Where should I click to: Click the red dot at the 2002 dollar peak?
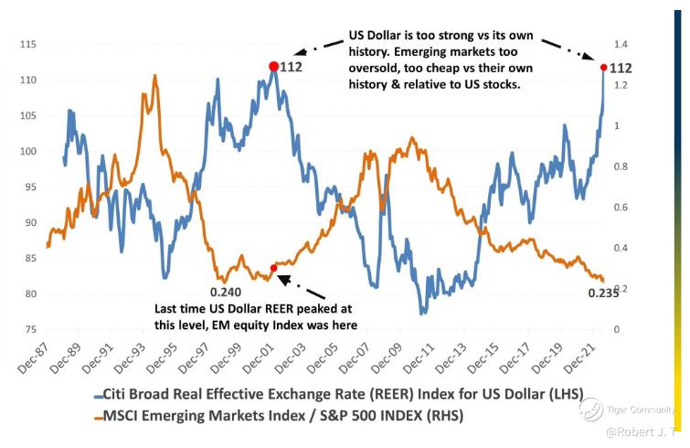pos(273,66)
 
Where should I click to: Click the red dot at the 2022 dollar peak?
pos(603,67)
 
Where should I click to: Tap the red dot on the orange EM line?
pos(273,268)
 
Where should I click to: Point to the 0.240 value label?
pos(227,292)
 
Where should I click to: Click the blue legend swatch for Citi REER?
pos(100,396)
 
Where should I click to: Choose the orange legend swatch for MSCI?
pos(100,416)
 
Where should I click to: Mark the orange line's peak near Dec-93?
pos(155,77)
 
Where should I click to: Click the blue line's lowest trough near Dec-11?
pos(422,314)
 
